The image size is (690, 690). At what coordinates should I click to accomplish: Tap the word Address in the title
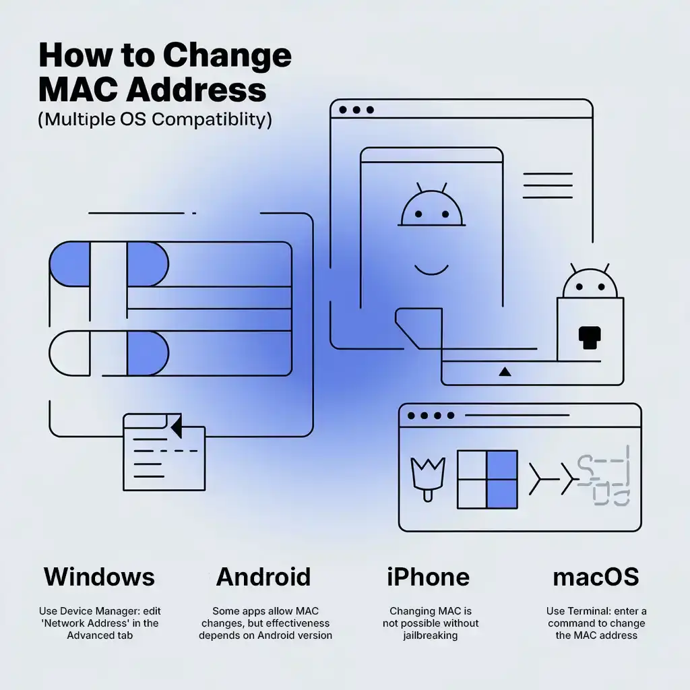tap(196, 90)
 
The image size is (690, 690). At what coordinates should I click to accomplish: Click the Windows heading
tap(100, 577)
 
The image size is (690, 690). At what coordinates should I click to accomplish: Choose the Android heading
tap(263, 577)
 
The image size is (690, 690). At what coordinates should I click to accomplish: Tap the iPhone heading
tap(428, 577)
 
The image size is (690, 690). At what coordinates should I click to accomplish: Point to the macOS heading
tap(596, 577)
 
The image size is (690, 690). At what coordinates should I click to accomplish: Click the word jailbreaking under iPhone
tap(431, 635)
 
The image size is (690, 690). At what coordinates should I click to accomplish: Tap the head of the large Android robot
tap(431, 205)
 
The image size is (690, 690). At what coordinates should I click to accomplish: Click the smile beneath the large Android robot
tap(431, 270)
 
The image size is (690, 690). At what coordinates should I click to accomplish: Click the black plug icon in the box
tap(590, 338)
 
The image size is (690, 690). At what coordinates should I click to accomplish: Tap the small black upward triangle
tap(505, 372)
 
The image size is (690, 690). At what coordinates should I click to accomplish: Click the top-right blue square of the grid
tap(502, 465)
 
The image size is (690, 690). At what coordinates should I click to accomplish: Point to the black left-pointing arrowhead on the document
tap(177, 426)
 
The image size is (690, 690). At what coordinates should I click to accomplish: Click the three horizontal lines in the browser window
tap(548, 185)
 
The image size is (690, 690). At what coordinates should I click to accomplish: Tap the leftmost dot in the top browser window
tap(343, 110)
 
